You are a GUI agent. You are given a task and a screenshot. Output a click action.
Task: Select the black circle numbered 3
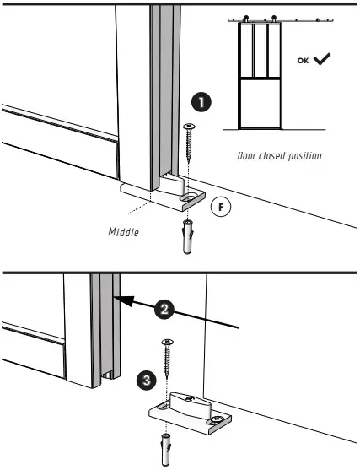147,381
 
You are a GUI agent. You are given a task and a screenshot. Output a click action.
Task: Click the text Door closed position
279,156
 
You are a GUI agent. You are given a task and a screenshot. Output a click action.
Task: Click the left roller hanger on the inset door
245,19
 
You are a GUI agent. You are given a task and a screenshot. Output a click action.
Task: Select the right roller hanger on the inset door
279,19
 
